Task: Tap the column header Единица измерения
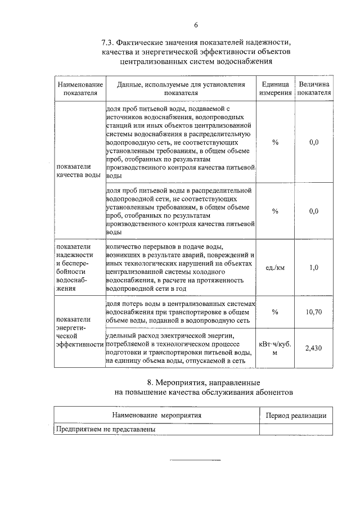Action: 275,89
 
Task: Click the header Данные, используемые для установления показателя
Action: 181,89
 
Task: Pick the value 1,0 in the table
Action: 314,268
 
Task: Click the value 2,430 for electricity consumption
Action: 313,348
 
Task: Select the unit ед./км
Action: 275,268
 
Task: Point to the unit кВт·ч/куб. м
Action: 275,348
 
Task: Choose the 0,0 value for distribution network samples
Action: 314,211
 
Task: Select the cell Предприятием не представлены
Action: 105,429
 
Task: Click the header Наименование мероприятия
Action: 157,416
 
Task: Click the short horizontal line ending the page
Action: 196,460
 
